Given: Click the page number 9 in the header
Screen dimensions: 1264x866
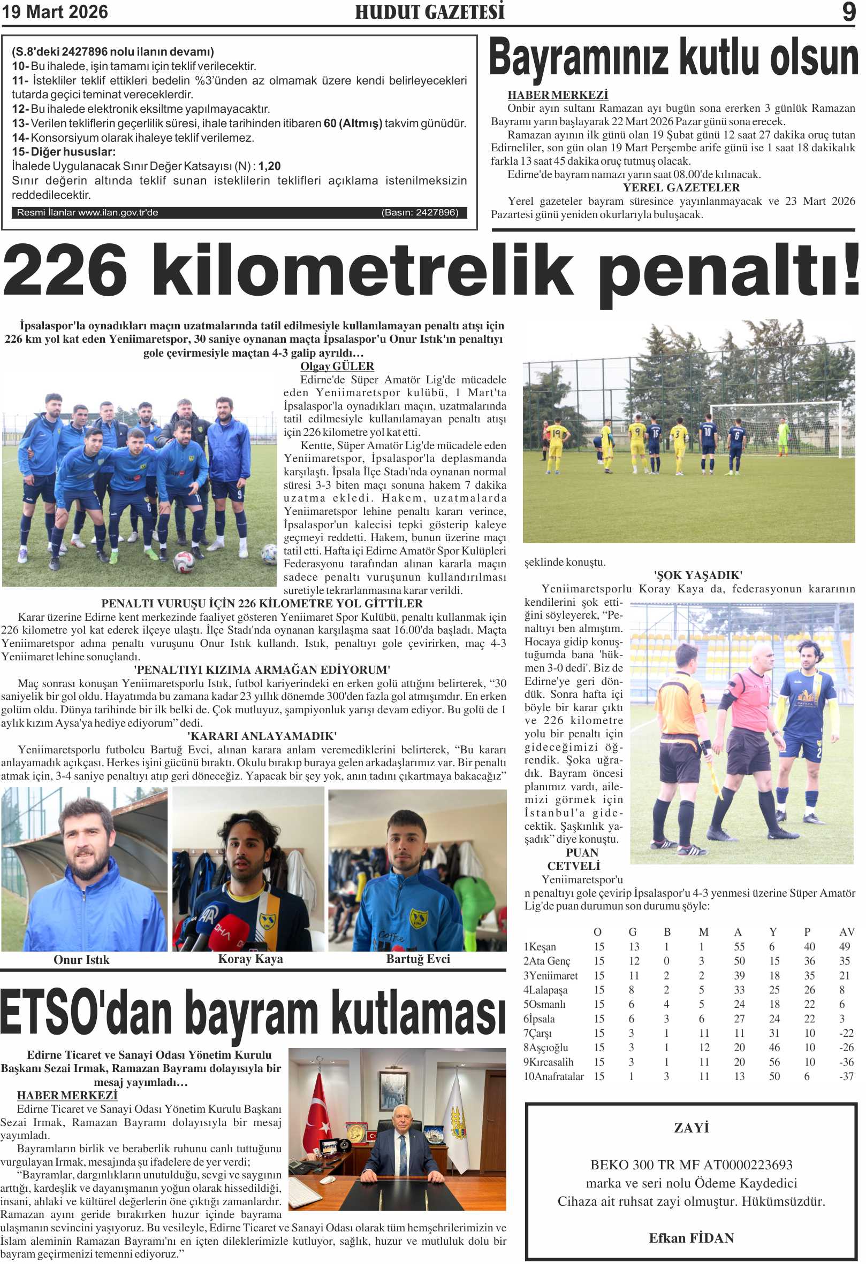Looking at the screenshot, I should pos(848,12).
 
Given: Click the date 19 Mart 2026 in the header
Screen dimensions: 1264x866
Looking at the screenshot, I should pos(55,12).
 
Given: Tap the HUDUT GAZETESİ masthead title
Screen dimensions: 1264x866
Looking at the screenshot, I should pos(429,12).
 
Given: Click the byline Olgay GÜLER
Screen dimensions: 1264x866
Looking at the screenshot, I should pos(337,366).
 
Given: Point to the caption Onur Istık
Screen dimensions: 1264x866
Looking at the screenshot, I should pos(81,960).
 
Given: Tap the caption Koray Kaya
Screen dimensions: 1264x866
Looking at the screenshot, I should pos(250,959).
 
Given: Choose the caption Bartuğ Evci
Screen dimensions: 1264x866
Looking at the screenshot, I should pos(418,959).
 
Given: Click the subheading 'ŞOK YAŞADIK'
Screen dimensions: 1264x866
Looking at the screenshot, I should pos(698,575).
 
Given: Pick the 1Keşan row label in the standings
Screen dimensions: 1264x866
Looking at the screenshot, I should pos(540,947).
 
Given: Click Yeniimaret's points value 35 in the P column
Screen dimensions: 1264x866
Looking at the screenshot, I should pos(809,976).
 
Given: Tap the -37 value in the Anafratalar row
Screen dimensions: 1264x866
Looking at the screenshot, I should pos(846,1076).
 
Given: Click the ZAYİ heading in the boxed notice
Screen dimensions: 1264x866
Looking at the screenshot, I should pos(692,1128).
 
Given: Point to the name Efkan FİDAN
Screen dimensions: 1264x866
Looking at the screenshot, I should pos(692,1238).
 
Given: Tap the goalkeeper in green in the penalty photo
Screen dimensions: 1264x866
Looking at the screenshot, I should pos(783,435).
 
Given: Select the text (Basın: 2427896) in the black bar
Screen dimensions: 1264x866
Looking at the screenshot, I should pos(420,212).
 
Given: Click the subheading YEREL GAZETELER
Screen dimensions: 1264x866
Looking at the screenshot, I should pos(681,188).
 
